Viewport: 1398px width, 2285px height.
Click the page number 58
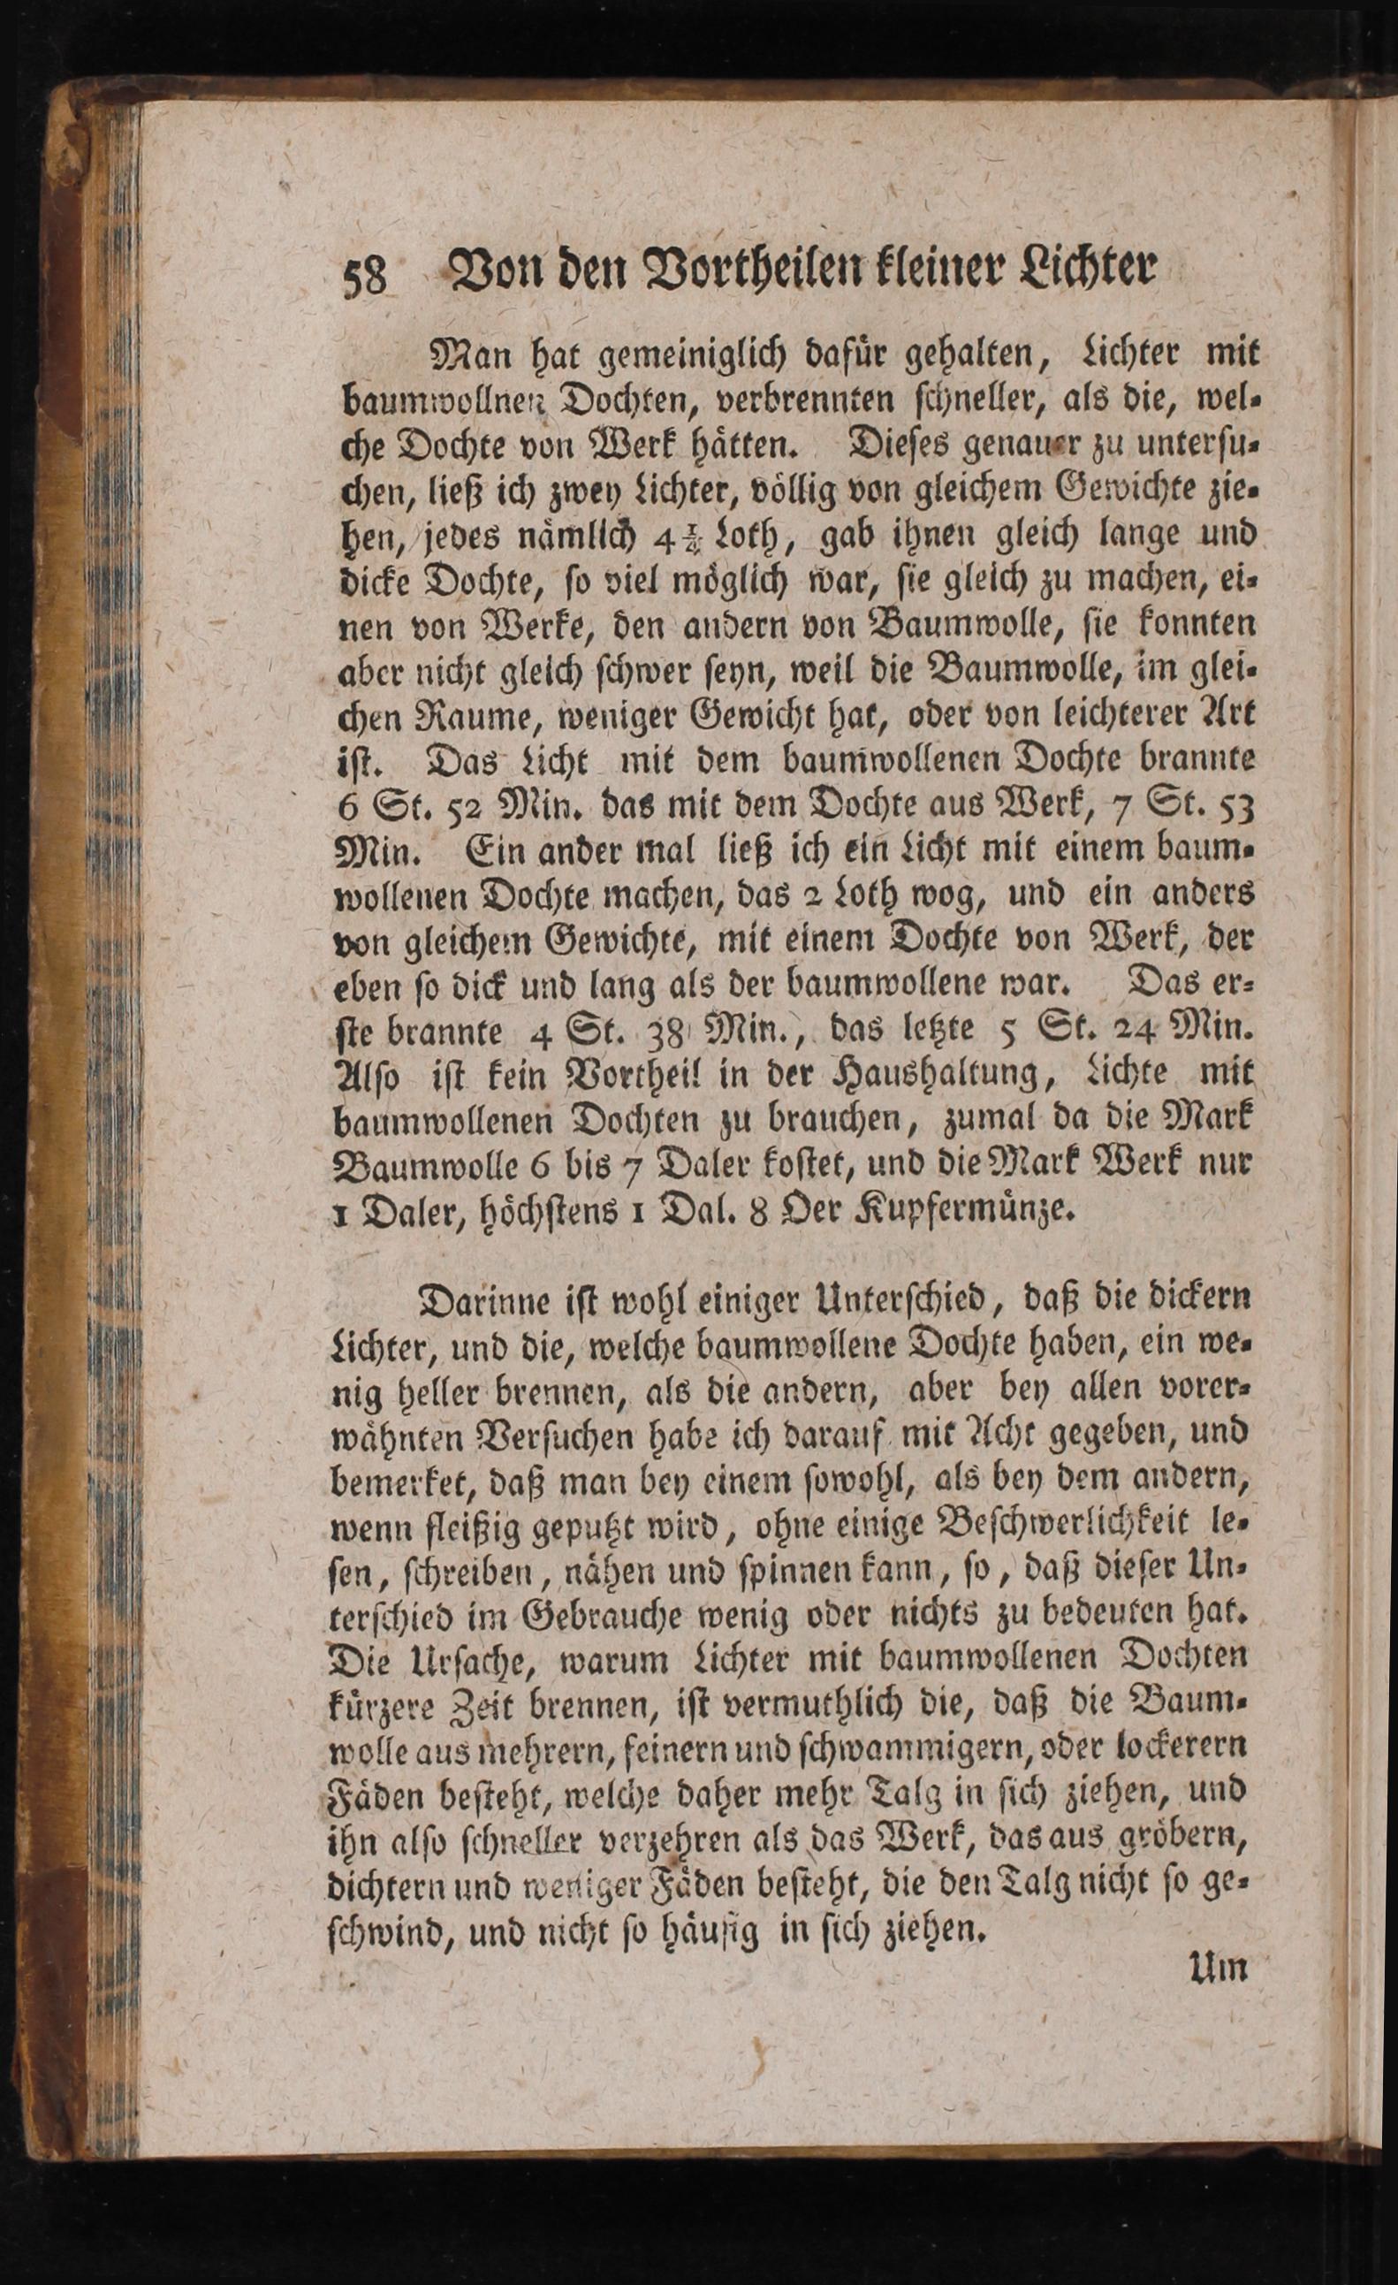click(365, 276)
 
